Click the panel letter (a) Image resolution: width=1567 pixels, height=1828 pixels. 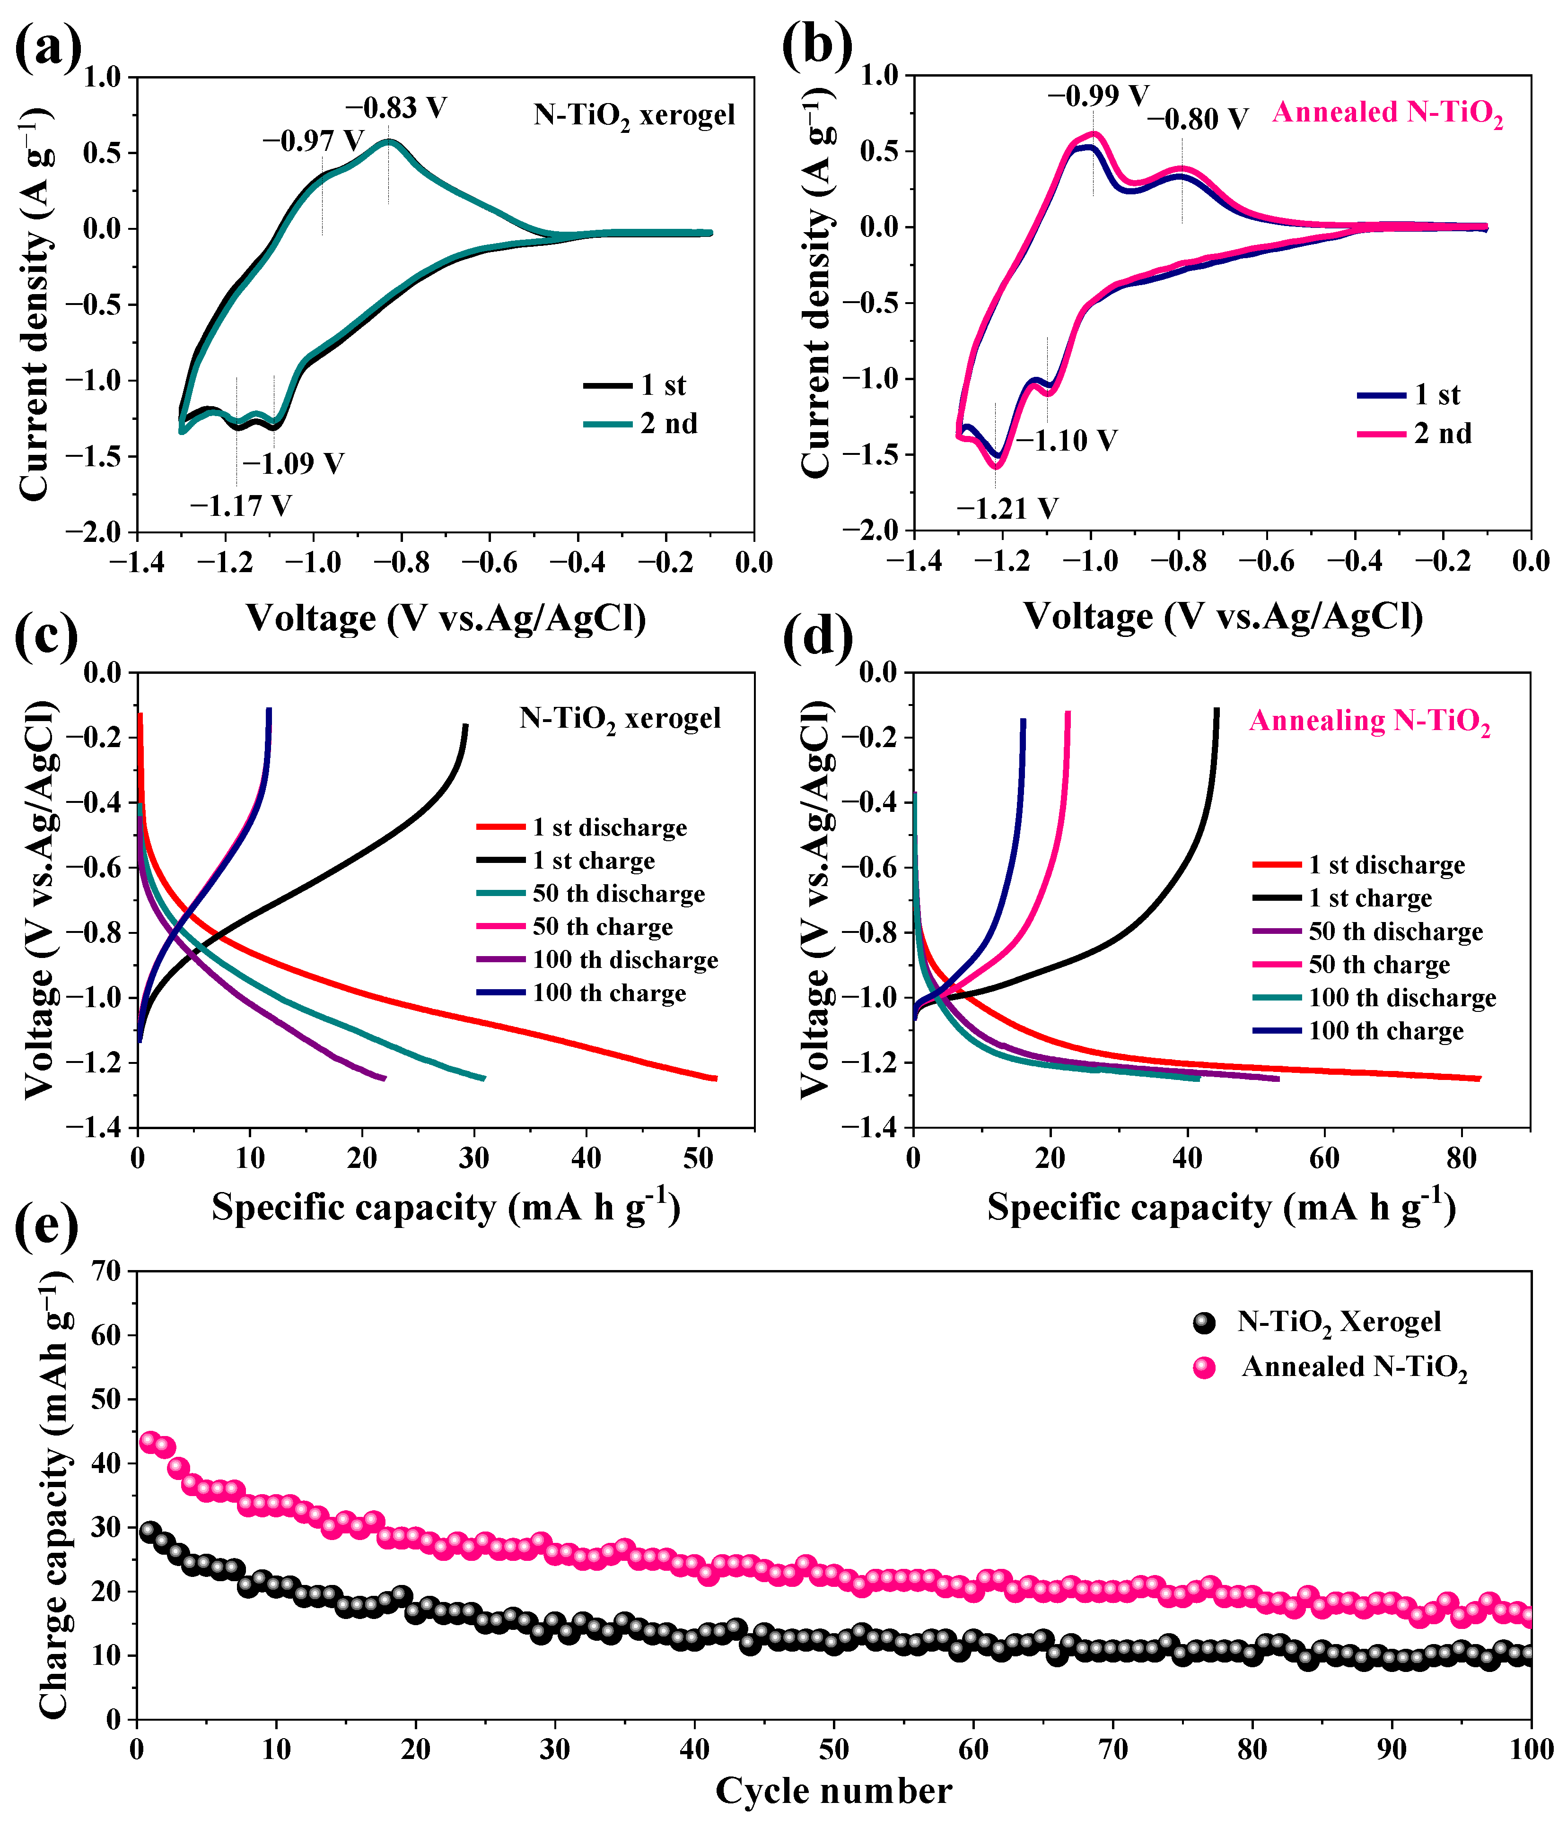[x=49, y=49]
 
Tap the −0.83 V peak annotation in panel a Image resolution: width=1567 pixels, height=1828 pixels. [x=395, y=108]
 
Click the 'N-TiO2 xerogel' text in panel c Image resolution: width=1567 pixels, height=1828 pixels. [x=620, y=719]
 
